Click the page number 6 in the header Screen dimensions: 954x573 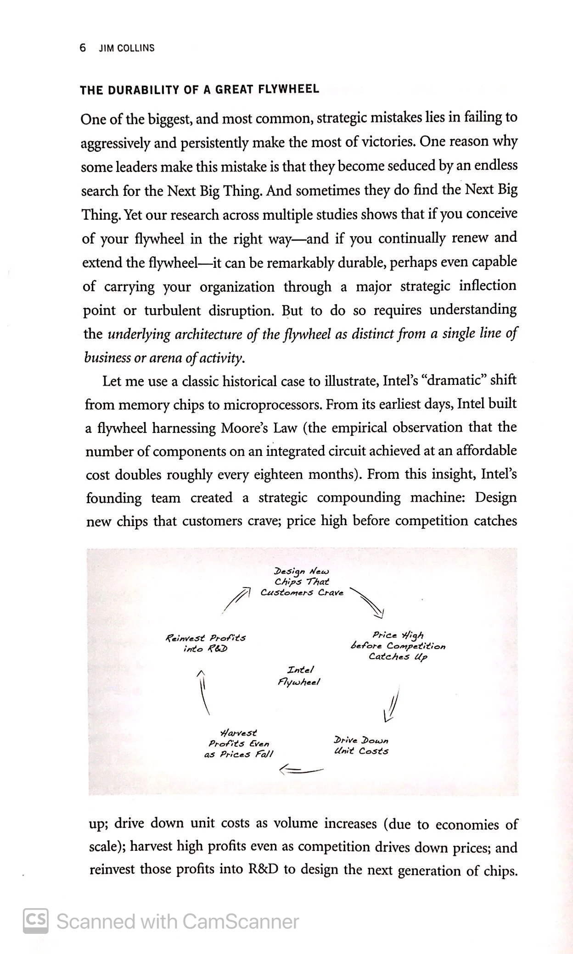tap(83, 48)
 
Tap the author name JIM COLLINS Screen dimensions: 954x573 tap(127, 48)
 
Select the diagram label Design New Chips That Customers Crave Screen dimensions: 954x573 tap(302, 582)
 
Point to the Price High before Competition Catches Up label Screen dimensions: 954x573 tap(398, 646)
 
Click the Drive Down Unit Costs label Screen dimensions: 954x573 tap(361, 745)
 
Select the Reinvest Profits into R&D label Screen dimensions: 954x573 tap(205, 643)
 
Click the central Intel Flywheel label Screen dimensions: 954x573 tap(299, 676)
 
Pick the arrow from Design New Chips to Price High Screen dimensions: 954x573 tap(367, 602)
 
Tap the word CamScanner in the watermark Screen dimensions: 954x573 tap(240, 921)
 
